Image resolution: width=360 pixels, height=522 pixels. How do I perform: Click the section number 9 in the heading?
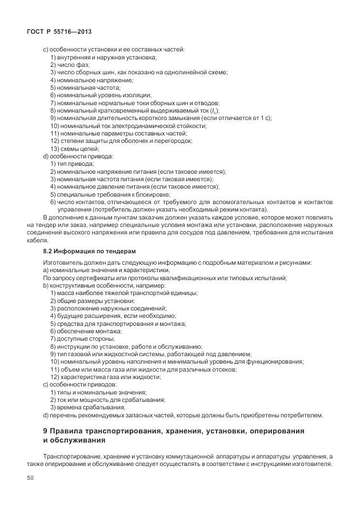(46, 430)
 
